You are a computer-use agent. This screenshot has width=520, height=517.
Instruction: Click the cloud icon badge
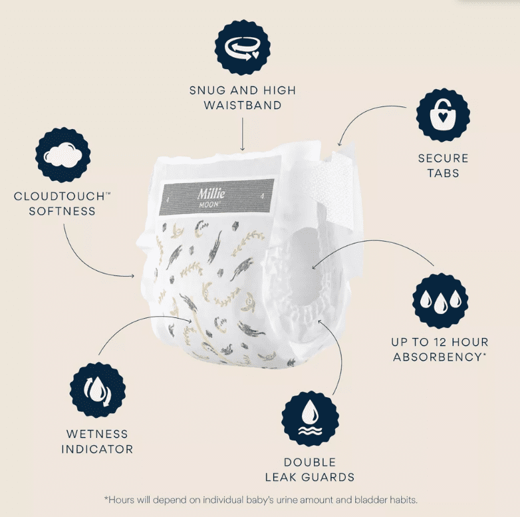63,155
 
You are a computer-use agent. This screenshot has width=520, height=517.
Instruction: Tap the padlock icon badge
443,115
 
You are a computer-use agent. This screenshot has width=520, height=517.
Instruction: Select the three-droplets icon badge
440,301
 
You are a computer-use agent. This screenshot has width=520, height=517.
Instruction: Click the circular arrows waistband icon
242,47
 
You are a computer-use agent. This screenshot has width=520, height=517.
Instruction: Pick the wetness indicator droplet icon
98,390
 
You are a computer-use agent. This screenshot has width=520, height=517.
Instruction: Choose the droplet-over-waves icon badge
310,419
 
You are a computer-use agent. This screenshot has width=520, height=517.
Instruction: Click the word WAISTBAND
243,105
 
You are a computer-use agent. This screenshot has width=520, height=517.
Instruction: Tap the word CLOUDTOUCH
59,196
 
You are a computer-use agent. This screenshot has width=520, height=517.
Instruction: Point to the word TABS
443,173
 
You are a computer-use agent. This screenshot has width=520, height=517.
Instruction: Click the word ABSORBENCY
438,357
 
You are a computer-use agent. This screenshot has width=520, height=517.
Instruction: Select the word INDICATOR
97,449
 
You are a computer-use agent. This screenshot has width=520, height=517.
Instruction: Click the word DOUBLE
310,462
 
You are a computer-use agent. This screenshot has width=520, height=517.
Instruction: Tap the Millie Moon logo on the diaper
211,198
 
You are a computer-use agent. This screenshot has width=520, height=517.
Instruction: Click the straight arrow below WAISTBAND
243,134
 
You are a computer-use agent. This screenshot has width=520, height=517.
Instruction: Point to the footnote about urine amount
261,500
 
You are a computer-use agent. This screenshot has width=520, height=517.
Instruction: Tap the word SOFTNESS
62,211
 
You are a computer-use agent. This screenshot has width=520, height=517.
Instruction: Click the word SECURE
443,158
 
